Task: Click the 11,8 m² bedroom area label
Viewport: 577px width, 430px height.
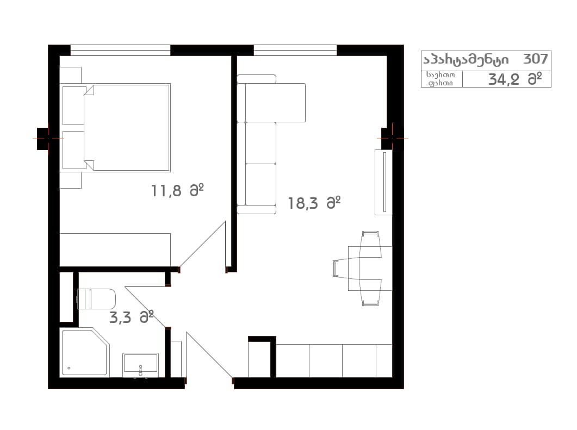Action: coord(177,191)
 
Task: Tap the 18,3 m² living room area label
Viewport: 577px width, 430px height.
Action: coord(314,203)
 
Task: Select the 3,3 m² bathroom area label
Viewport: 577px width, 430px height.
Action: coord(132,317)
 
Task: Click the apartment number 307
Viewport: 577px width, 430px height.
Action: coord(536,59)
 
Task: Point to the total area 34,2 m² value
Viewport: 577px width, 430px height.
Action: coord(515,79)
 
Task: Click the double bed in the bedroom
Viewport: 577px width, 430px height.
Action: coord(127,128)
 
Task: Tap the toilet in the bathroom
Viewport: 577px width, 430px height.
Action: coord(97,299)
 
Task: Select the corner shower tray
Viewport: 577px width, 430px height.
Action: coord(85,352)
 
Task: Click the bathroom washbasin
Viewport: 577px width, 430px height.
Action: coord(140,365)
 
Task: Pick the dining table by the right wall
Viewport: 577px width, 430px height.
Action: coord(370,269)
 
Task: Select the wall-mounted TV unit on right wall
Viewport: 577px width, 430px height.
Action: coord(383,182)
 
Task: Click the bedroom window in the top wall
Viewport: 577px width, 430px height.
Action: coord(120,51)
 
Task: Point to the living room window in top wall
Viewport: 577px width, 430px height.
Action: coord(295,51)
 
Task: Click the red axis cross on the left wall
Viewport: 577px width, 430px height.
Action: coord(48,139)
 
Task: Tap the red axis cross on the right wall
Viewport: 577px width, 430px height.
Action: coord(392,139)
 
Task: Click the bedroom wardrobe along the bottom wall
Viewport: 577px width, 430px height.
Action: coord(115,250)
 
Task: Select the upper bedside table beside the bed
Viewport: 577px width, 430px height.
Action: coord(71,75)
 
